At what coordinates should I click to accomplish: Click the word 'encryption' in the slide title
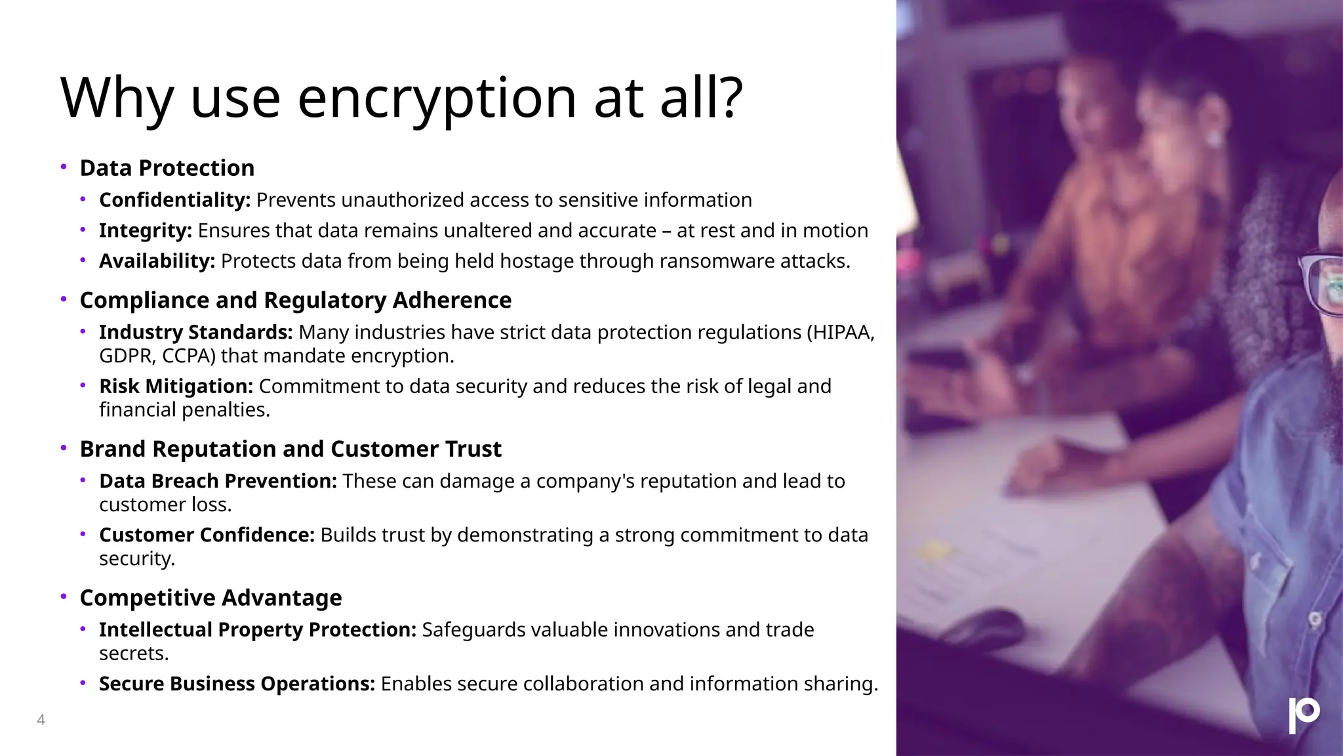437,98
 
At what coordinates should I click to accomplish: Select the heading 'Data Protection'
167,168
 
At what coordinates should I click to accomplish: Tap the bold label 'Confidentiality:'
174,200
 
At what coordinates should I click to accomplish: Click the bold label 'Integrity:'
145,231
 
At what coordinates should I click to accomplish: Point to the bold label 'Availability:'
157,261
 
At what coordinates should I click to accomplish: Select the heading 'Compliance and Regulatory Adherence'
295,300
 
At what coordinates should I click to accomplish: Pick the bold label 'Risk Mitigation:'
176,387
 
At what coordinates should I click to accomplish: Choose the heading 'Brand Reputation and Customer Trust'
290,449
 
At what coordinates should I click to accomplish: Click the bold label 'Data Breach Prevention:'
218,481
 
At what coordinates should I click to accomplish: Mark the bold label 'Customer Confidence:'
207,535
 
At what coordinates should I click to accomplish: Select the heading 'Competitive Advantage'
210,598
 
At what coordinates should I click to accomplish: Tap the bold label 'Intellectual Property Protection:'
257,630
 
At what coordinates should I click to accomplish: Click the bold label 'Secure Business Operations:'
237,684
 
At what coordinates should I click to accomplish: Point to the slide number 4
41,720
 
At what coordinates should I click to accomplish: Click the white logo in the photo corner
1304,715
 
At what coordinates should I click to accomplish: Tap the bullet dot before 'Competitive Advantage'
64,597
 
